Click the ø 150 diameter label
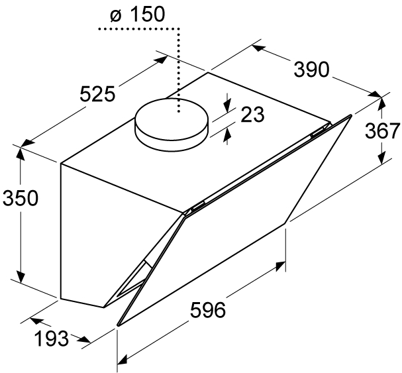click(x=137, y=14)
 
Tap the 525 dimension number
click(x=97, y=94)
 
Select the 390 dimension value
click(x=311, y=70)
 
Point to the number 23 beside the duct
click(x=252, y=114)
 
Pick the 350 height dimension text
click(x=21, y=198)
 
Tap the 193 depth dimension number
click(x=52, y=339)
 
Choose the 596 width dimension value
click(x=208, y=310)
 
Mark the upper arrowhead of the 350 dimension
click(x=21, y=154)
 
